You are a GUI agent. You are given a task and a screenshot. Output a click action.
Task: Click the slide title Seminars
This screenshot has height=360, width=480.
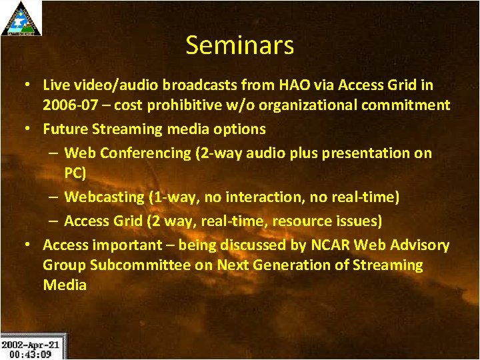239,45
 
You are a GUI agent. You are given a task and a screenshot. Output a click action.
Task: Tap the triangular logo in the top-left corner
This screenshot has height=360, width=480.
21,18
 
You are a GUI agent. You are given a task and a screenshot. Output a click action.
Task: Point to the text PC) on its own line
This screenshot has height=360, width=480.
75,173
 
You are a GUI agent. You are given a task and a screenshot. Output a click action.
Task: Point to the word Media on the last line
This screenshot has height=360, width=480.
65,285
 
